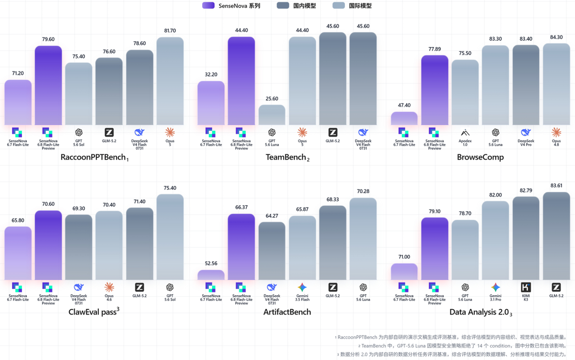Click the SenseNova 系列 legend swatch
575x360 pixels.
[208, 6]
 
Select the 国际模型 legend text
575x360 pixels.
[360, 6]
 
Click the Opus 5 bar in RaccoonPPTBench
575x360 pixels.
[170, 81]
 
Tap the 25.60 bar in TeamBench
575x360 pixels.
[272, 115]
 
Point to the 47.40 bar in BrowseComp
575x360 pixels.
[404, 118]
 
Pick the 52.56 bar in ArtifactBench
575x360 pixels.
[211, 275]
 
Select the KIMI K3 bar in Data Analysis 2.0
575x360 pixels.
[526, 238]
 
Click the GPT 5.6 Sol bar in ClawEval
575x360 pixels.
[170, 237]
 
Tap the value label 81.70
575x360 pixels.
[170, 31]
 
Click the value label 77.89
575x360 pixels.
[435, 49]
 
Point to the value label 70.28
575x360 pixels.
[363, 191]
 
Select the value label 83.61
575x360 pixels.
[556, 186]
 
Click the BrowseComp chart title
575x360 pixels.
[480, 157]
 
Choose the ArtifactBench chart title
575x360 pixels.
[287, 312]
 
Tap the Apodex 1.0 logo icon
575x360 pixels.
[465, 133]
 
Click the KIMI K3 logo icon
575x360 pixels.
[526, 287]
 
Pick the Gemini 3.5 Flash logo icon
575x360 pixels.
[302, 287]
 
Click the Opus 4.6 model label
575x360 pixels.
[109, 298]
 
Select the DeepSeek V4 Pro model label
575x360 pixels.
[526, 143]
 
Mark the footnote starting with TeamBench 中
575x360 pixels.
[462, 346]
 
